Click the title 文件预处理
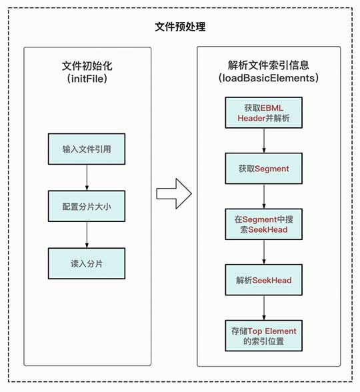pos(180,27)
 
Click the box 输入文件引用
pos(87,149)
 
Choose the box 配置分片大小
pos(87,206)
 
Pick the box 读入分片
pos(87,263)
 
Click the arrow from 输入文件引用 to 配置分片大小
pos(87,177)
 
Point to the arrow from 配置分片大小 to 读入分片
pos(87,235)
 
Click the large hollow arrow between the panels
pos(173,193)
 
